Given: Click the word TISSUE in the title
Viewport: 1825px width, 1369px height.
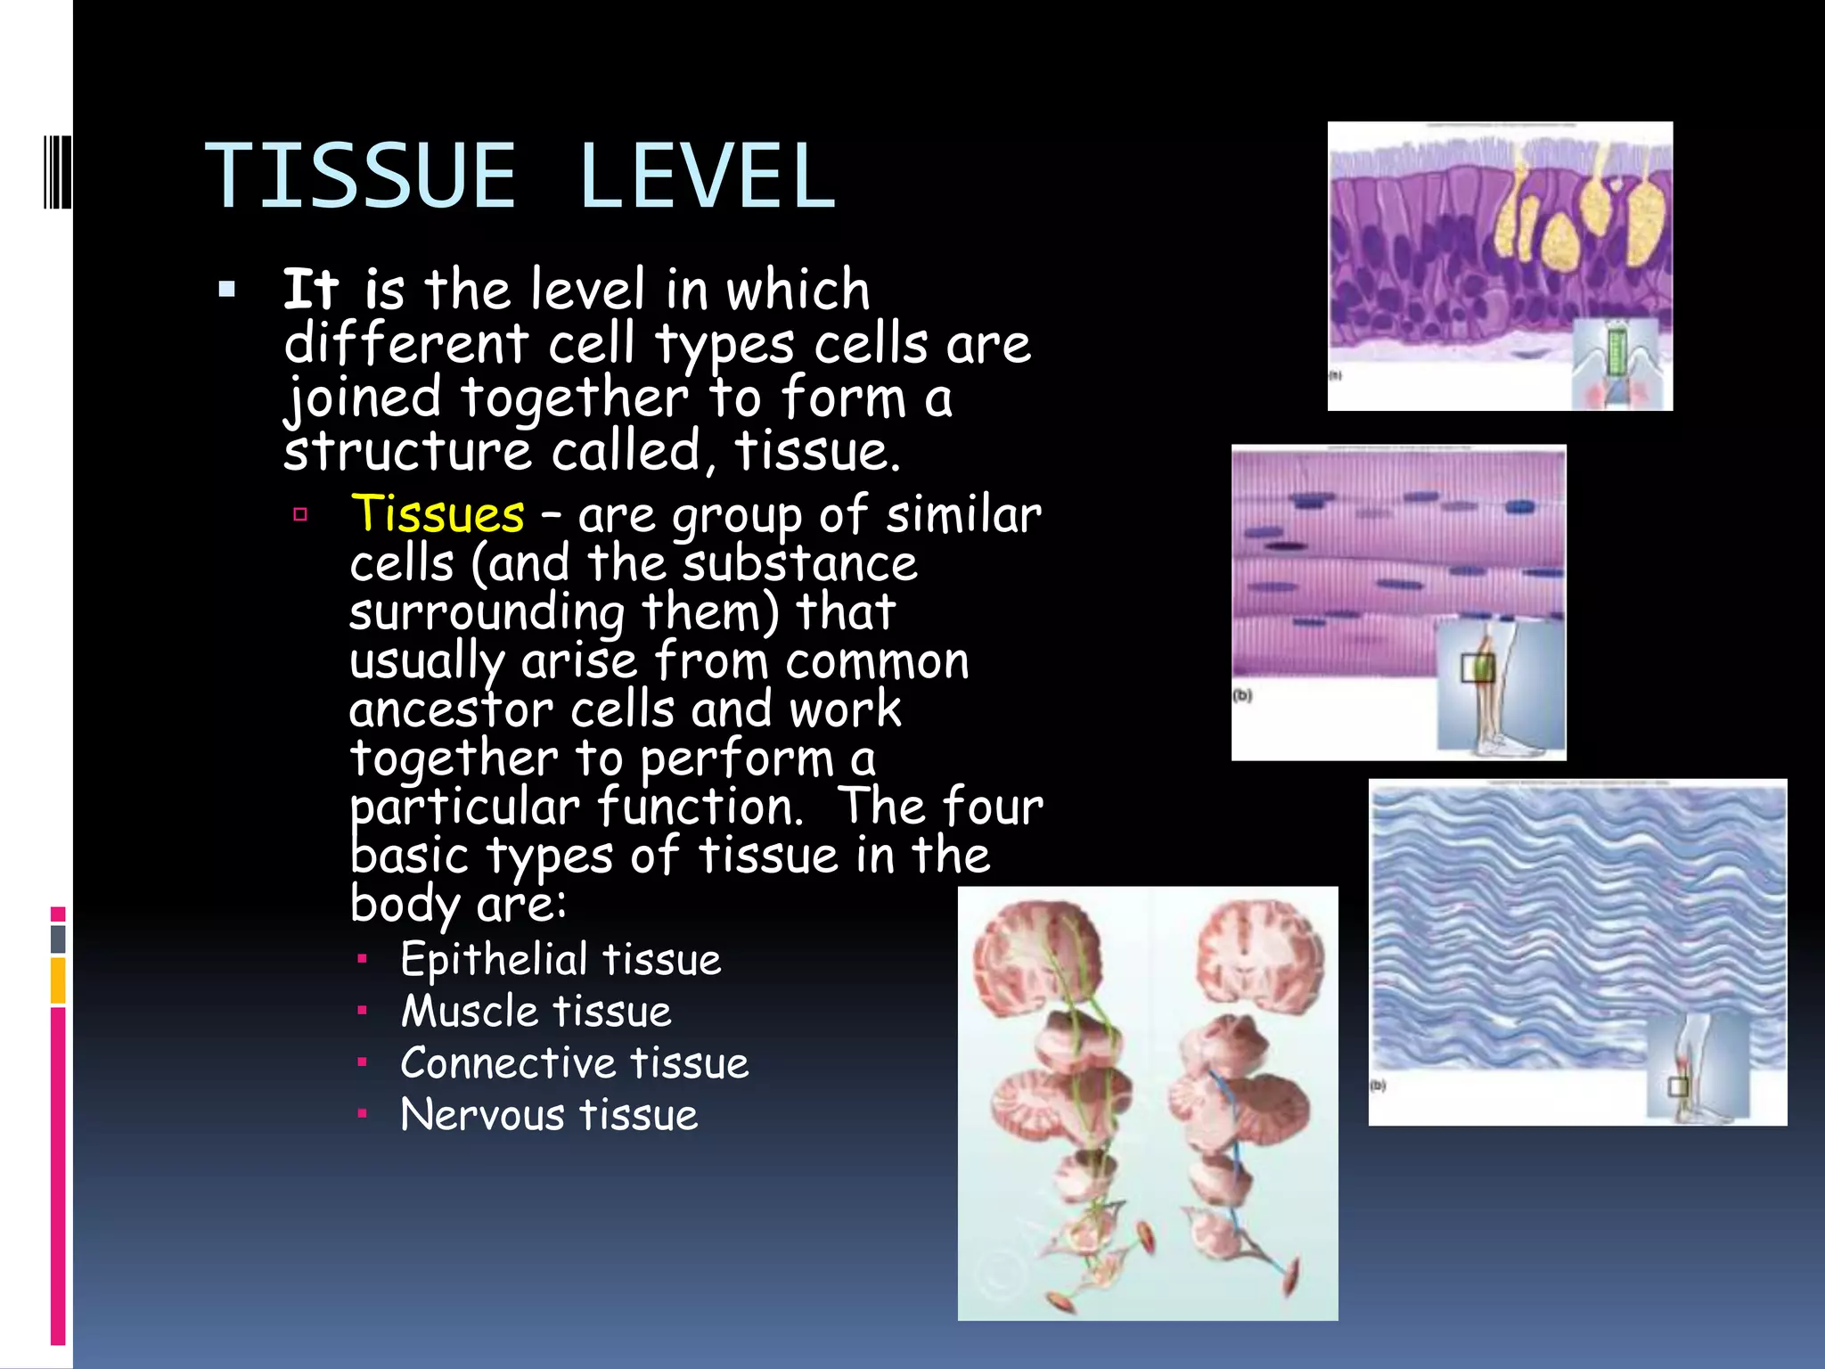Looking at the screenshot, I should (361, 176).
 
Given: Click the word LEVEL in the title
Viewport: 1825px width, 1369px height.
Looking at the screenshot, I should (707, 176).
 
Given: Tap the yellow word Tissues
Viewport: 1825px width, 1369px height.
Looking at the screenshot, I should (438, 514).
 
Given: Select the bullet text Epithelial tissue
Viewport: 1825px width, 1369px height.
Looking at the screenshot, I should (561, 960).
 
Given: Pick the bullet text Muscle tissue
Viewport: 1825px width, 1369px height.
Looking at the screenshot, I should (536, 1012).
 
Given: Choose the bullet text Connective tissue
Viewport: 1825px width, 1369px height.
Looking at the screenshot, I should (575, 1063).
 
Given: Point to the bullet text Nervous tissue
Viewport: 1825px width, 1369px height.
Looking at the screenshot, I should (549, 1115).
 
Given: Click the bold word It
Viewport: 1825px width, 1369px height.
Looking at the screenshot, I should (310, 290).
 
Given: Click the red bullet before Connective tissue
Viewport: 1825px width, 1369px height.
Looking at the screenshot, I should (362, 1062).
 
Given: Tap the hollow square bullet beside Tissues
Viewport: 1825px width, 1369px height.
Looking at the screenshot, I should (300, 514).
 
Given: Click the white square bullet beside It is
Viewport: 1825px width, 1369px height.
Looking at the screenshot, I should (227, 290).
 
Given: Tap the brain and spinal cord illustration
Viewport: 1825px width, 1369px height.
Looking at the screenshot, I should (1148, 1103).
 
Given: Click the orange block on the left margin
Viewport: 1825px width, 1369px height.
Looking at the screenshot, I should (58, 980).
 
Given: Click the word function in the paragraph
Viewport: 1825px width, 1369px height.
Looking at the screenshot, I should (700, 807).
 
